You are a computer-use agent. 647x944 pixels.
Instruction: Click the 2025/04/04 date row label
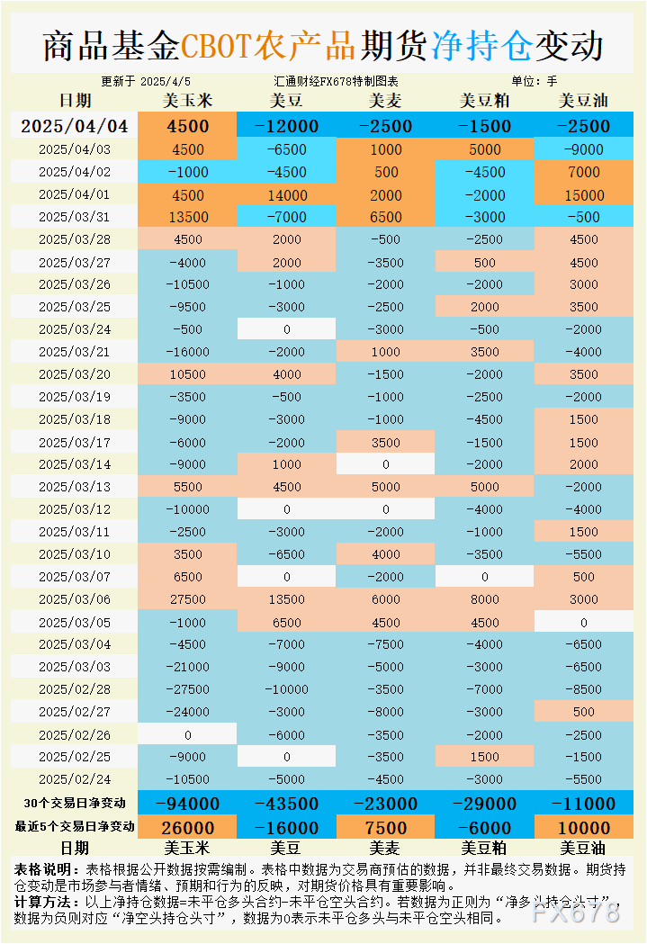[x=75, y=126]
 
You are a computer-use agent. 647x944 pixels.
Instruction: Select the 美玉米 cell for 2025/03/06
[x=188, y=599]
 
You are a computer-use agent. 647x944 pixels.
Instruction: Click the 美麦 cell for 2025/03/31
[x=386, y=217]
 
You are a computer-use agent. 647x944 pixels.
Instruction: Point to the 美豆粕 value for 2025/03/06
[x=484, y=599]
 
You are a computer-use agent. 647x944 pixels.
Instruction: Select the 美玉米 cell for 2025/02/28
[x=188, y=689]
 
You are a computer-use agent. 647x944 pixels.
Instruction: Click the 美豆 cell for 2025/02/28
[x=287, y=689]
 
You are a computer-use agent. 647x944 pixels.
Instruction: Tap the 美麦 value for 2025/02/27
[x=386, y=712]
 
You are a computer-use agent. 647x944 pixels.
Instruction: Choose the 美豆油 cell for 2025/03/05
[x=583, y=622]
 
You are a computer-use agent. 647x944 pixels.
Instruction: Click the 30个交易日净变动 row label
[x=75, y=803]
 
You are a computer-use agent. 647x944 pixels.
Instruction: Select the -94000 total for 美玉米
[x=188, y=804]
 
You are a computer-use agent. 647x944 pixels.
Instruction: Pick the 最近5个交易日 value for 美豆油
[x=583, y=828]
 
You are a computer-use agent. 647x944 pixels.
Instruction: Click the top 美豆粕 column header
[x=484, y=101]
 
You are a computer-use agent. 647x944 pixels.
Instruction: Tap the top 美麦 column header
[x=386, y=101]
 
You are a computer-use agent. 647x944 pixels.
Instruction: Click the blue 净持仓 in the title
[x=481, y=45]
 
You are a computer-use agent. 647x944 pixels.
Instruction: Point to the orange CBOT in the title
[x=217, y=45]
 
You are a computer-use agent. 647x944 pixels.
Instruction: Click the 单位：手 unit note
[x=535, y=81]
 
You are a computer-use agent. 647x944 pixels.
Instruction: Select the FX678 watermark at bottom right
[x=576, y=912]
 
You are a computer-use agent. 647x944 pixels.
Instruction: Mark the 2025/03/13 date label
[x=75, y=487]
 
